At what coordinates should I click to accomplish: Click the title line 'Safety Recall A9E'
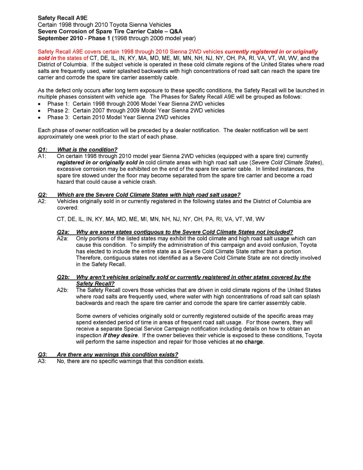tap(62, 18)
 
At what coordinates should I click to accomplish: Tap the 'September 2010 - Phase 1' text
tap(74, 38)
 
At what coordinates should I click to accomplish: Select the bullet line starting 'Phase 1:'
tap(136, 104)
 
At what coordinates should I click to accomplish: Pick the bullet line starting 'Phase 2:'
tap(136, 110)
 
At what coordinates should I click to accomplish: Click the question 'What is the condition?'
tap(87, 150)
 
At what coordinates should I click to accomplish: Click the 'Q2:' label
tap(42, 195)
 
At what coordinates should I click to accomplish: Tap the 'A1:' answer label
tap(42, 156)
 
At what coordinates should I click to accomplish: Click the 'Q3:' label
tap(42, 354)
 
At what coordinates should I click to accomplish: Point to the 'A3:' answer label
tap(42, 361)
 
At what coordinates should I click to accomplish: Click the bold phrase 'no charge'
tap(250, 342)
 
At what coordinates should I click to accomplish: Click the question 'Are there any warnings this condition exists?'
tap(117, 354)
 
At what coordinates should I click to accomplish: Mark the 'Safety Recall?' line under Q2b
tap(95, 283)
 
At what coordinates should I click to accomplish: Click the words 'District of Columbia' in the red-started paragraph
tap(63, 64)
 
